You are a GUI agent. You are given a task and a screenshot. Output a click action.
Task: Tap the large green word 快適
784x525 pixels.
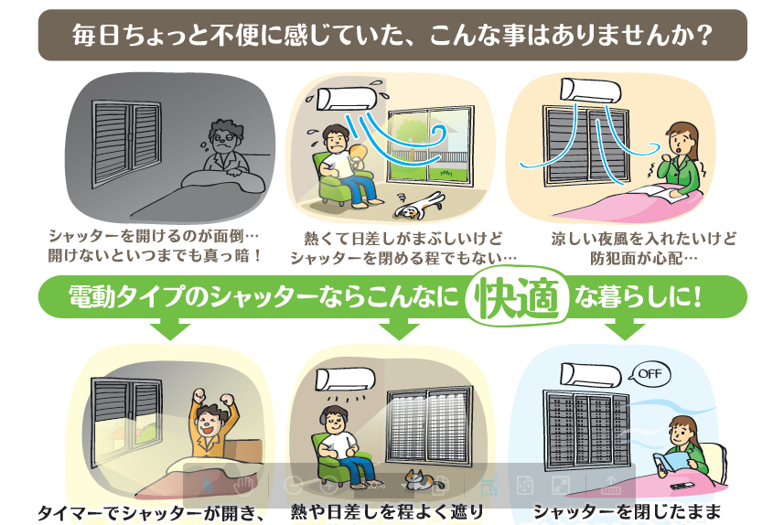519,298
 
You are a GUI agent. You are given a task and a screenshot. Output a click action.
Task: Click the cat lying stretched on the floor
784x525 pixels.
419,206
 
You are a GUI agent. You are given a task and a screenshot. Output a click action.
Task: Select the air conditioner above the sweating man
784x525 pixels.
346,99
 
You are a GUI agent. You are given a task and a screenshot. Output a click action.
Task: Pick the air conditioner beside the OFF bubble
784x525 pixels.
590,376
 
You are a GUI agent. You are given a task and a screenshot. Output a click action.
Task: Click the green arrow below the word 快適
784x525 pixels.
399,329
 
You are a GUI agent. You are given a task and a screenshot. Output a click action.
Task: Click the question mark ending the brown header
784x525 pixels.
704,36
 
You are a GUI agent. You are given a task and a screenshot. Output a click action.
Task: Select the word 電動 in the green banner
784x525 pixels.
90,296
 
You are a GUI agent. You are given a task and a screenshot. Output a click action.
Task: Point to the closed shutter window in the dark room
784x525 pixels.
126,143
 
